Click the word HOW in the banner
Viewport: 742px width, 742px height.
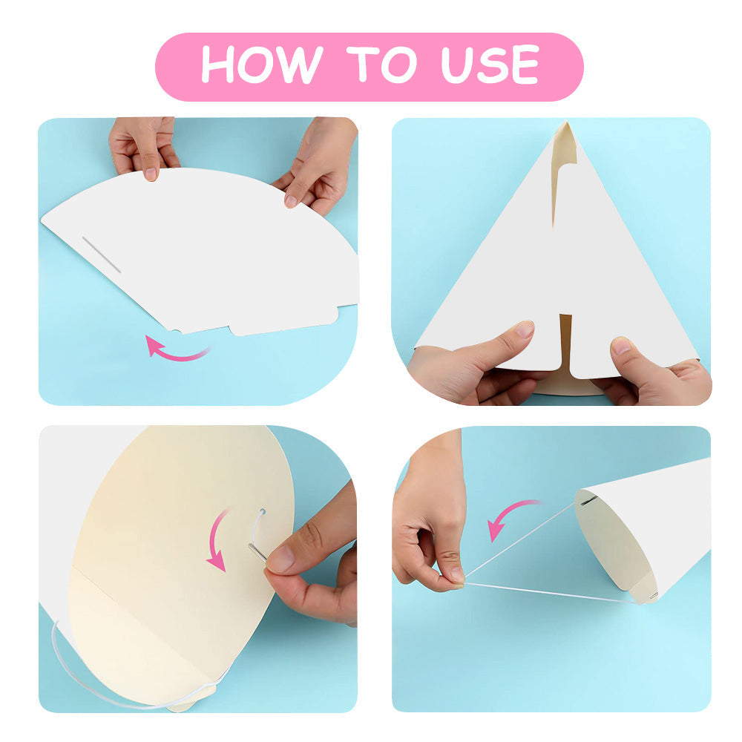click(x=262, y=64)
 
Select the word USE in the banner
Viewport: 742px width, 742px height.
click(x=490, y=65)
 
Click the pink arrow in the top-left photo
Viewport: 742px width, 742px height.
click(x=176, y=350)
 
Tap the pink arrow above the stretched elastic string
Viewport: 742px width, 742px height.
click(x=511, y=516)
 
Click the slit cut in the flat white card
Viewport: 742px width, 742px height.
click(x=101, y=255)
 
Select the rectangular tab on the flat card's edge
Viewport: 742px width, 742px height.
click(x=284, y=321)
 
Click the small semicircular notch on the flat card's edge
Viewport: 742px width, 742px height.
click(x=176, y=331)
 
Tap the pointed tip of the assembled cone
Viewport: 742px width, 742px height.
click(x=566, y=123)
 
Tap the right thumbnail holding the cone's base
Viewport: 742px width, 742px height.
click(x=621, y=346)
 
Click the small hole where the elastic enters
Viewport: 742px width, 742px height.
click(x=263, y=511)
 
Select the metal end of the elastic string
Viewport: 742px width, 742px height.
click(x=257, y=552)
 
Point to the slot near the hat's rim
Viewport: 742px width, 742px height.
click(x=588, y=500)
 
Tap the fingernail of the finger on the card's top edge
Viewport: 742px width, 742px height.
click(x=151, y=174)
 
